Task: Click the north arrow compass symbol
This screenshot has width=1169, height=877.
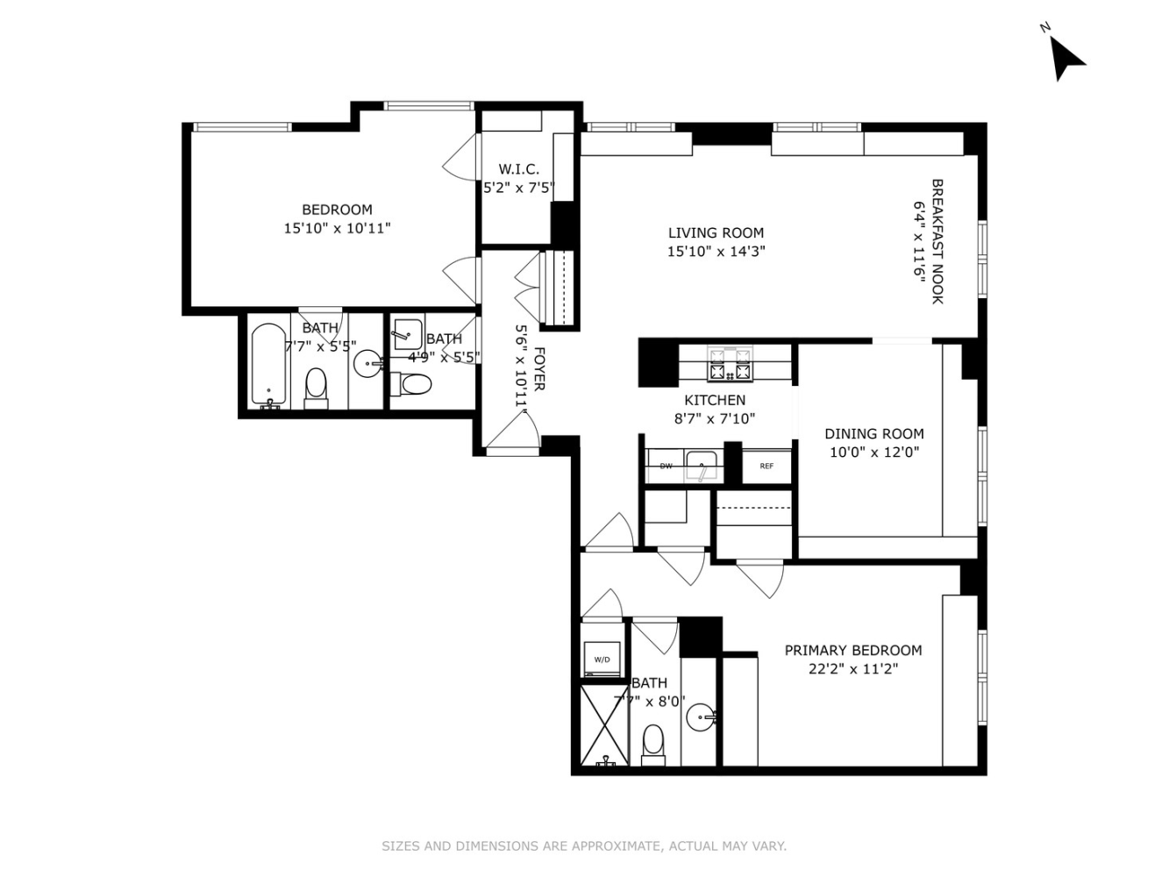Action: [x=1066, y=58]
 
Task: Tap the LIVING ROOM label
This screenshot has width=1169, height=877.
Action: [x=716, y=232]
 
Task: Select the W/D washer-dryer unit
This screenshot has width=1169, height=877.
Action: [x=602, y=659]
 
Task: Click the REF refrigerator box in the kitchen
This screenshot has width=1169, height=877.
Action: [x=766, y=466]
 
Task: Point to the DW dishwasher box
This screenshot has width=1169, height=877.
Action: [x=666, y=466]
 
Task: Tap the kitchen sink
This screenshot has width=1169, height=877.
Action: [x=702, y=465]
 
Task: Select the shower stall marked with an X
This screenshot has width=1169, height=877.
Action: [x=604, y=724]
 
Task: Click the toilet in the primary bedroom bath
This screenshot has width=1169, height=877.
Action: [x=653, y=744]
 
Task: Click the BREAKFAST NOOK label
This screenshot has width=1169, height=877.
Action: [x=937, y=241]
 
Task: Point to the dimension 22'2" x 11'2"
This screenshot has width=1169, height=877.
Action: [x=852, y=669]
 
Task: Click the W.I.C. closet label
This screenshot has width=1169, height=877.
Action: [x=518, y=169]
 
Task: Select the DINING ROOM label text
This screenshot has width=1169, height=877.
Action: [x=873, y=433]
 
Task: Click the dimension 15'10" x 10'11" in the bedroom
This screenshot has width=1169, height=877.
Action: [x=337, y=228]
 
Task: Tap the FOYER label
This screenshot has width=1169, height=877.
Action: [x=538, y=369]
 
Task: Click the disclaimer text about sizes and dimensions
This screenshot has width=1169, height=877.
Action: [x=584, y=846]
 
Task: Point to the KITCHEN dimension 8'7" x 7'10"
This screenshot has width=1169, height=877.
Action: [x=714, y=418]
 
